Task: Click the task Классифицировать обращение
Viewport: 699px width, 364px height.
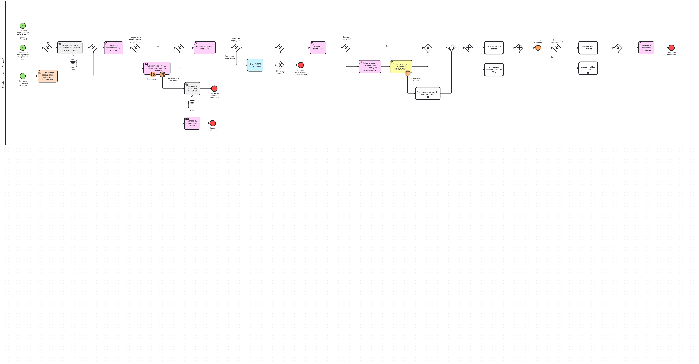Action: click(x=205, y=48)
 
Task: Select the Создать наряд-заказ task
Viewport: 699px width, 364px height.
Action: click(x=318, y=48)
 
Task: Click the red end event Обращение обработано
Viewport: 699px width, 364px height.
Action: click(x=671, y=48)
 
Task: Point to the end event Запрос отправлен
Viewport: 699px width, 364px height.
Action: click(x=213, y=123)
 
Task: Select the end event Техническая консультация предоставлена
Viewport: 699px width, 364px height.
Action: click(x=301, y=65)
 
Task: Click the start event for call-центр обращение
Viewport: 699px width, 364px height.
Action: click(x=23, y=76)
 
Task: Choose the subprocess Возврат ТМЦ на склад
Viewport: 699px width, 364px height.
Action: click(x=588, y=68)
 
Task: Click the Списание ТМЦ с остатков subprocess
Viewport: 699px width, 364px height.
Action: click(x=588, y=48)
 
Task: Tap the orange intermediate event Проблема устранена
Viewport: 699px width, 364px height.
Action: click(x=538, y=48)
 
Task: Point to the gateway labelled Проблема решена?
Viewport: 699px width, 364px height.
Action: click(x=280, y=65)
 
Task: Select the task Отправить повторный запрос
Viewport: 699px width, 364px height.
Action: click(x=192, y=123)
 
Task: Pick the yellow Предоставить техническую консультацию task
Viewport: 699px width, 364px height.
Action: click(x=401, y=67)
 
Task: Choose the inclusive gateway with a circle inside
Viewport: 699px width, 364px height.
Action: click(x=452, y=48)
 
